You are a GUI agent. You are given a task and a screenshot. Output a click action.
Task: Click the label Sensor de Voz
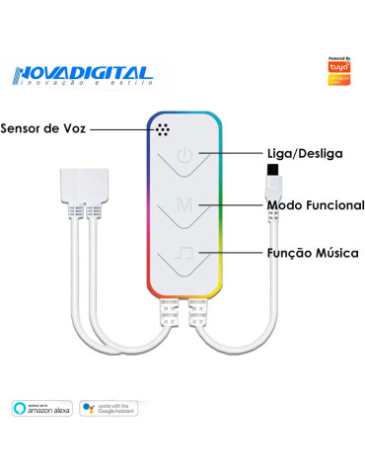point(43,128)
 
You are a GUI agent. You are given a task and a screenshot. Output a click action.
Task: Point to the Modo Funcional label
point(316,204)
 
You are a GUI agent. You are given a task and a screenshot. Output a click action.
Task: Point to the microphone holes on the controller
point(162,129)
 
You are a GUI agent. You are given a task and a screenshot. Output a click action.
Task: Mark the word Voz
point(76,128)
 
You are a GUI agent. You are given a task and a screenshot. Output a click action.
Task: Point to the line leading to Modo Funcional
point(233,204)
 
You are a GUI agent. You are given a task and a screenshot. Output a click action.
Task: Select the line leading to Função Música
point(233,254)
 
